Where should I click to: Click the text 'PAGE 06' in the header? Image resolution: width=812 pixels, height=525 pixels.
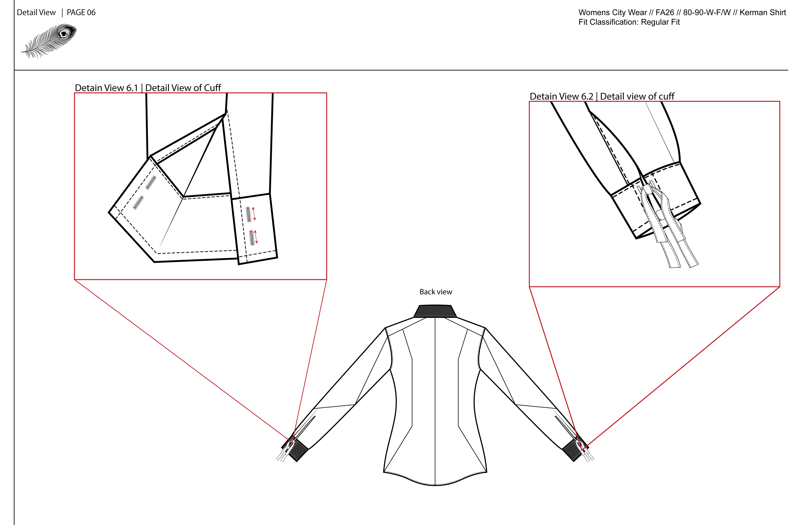pyautogui.click(x=81, y=13)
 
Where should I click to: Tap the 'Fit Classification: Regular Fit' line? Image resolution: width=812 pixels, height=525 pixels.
pyautogui.click(x=629, y=22)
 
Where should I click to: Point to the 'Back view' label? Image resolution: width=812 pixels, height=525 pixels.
pyautogui.click(x=436, y=292)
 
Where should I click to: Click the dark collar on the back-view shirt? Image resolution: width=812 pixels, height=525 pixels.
pyautogui.click(x=435, y=311)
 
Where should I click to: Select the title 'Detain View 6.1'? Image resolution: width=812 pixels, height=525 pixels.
pyautogui.click(x=106, y=88)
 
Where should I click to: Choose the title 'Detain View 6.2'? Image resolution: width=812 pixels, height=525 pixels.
pyautogui.click(x=561, y=97)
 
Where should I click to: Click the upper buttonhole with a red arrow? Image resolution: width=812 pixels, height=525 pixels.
pyautogui.click(x=249, y=214)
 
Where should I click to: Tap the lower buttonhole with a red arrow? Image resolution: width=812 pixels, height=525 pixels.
pyautogui.click(x=252, y=238)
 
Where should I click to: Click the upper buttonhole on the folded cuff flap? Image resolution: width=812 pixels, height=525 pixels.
pyautogui.click(x=151, y=182)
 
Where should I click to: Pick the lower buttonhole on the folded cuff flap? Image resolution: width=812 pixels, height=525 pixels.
pyautogui.click(x=138, y=202)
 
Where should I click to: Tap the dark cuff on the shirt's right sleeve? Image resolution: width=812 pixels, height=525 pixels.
pyautogui.click(x=573, y=450)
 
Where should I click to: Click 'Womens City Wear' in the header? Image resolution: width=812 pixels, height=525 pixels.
pyautogui.click(x=612, y=13)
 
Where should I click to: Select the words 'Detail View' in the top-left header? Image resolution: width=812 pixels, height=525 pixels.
pyautogui.click(x=36, y=13)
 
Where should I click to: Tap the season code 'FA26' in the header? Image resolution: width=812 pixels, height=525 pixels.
pyautogui.click(x=665, y=13)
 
